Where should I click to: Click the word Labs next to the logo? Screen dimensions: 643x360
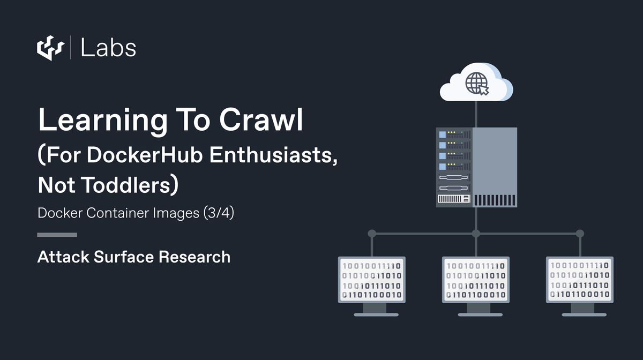point(108,48)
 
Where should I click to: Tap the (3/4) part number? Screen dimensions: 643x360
point(219,213)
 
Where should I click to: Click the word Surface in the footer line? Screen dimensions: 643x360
point(124,257)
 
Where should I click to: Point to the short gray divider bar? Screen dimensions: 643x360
point(57,235)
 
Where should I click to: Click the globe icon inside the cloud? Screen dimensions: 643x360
point(476,83)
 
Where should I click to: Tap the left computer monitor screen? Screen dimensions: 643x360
point(371,280)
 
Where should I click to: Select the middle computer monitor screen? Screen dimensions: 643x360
point(475,280)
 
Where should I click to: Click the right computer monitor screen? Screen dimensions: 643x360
point(579,280)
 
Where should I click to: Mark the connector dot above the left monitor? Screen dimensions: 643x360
point(372,234)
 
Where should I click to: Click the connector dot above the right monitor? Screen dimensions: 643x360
point(579,234)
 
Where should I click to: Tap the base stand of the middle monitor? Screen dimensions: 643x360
point(475,314)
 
